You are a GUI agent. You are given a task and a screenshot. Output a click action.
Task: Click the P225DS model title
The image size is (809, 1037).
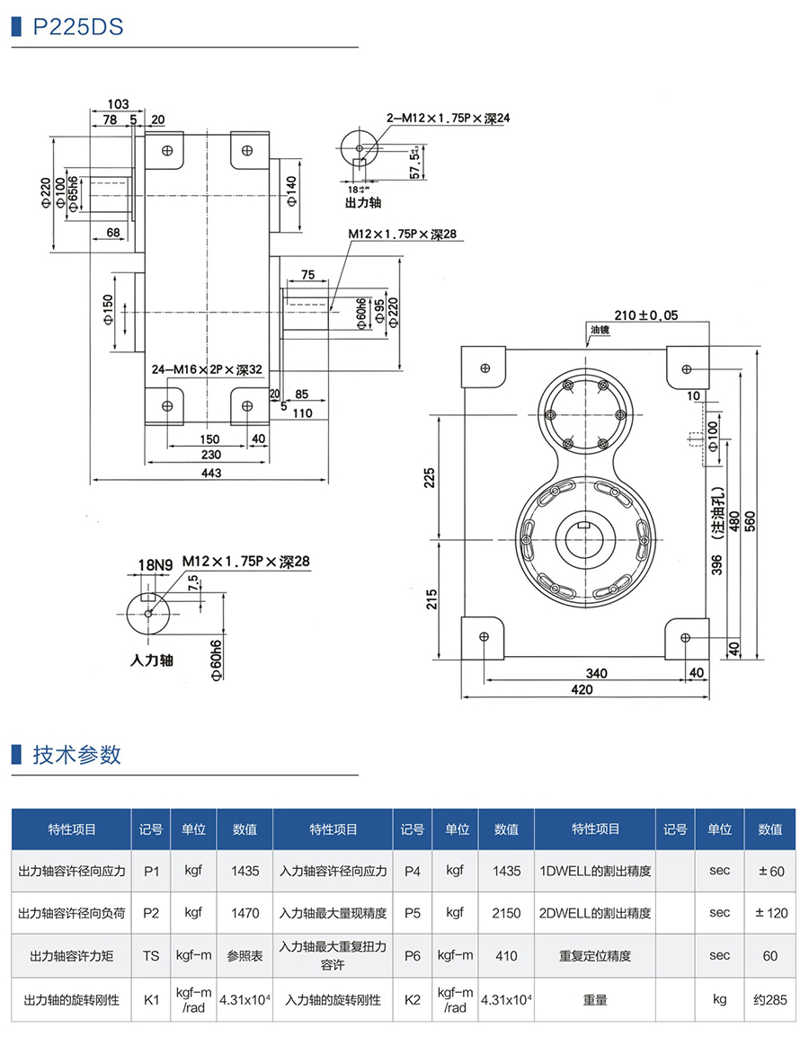coord(77,27)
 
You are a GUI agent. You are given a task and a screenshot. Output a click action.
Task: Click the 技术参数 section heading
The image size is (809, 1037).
coord(76,754)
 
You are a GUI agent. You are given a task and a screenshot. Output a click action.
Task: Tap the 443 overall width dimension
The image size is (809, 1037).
coord(211,473)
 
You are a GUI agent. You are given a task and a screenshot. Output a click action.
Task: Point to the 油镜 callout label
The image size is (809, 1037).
coord(600,330)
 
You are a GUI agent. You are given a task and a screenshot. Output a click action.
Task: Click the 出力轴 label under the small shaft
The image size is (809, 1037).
coord(363,203)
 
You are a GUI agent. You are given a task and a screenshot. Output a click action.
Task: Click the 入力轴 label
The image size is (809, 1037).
coord(151,660)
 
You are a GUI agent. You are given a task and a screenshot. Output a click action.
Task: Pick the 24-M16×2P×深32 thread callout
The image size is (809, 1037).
coord(207,369)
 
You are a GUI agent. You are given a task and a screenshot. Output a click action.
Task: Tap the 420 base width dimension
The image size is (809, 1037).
coord(583,689)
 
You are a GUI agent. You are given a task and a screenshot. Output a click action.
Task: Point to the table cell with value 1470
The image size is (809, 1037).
coord(244,913)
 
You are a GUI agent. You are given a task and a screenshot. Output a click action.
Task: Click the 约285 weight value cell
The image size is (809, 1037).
coord(769,999)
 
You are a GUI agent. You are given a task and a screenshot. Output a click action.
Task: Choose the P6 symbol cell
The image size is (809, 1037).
coord(412,956)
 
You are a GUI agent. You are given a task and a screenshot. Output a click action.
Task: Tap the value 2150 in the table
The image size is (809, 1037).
coord(506,913)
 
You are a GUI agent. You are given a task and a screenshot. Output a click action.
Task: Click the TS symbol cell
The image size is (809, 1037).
coord(151,956)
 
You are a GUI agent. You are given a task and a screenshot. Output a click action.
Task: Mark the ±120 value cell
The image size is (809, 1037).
coord(769,913)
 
